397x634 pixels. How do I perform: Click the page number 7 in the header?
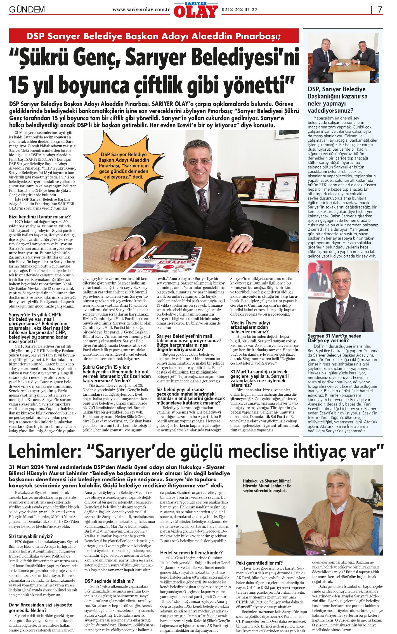click(380, 10)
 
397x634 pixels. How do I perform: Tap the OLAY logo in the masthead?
click(195, 11)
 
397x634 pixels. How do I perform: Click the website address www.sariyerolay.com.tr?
click(141, 10)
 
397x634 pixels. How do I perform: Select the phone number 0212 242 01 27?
click(239, 10)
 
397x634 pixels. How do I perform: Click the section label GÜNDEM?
click(27, 10)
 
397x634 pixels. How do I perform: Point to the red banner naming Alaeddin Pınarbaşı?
click(154, 36)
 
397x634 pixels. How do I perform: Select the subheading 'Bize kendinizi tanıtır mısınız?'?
click(40, 217)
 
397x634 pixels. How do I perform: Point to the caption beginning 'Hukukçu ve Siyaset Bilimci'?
click(267, 486)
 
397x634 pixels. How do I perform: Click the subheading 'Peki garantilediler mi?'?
click(259, 563)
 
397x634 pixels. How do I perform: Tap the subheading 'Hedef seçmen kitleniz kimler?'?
click(192, 553)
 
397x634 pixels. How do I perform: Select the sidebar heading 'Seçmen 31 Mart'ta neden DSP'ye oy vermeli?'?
click(334, 338)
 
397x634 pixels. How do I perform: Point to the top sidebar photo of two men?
click(343, 58)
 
